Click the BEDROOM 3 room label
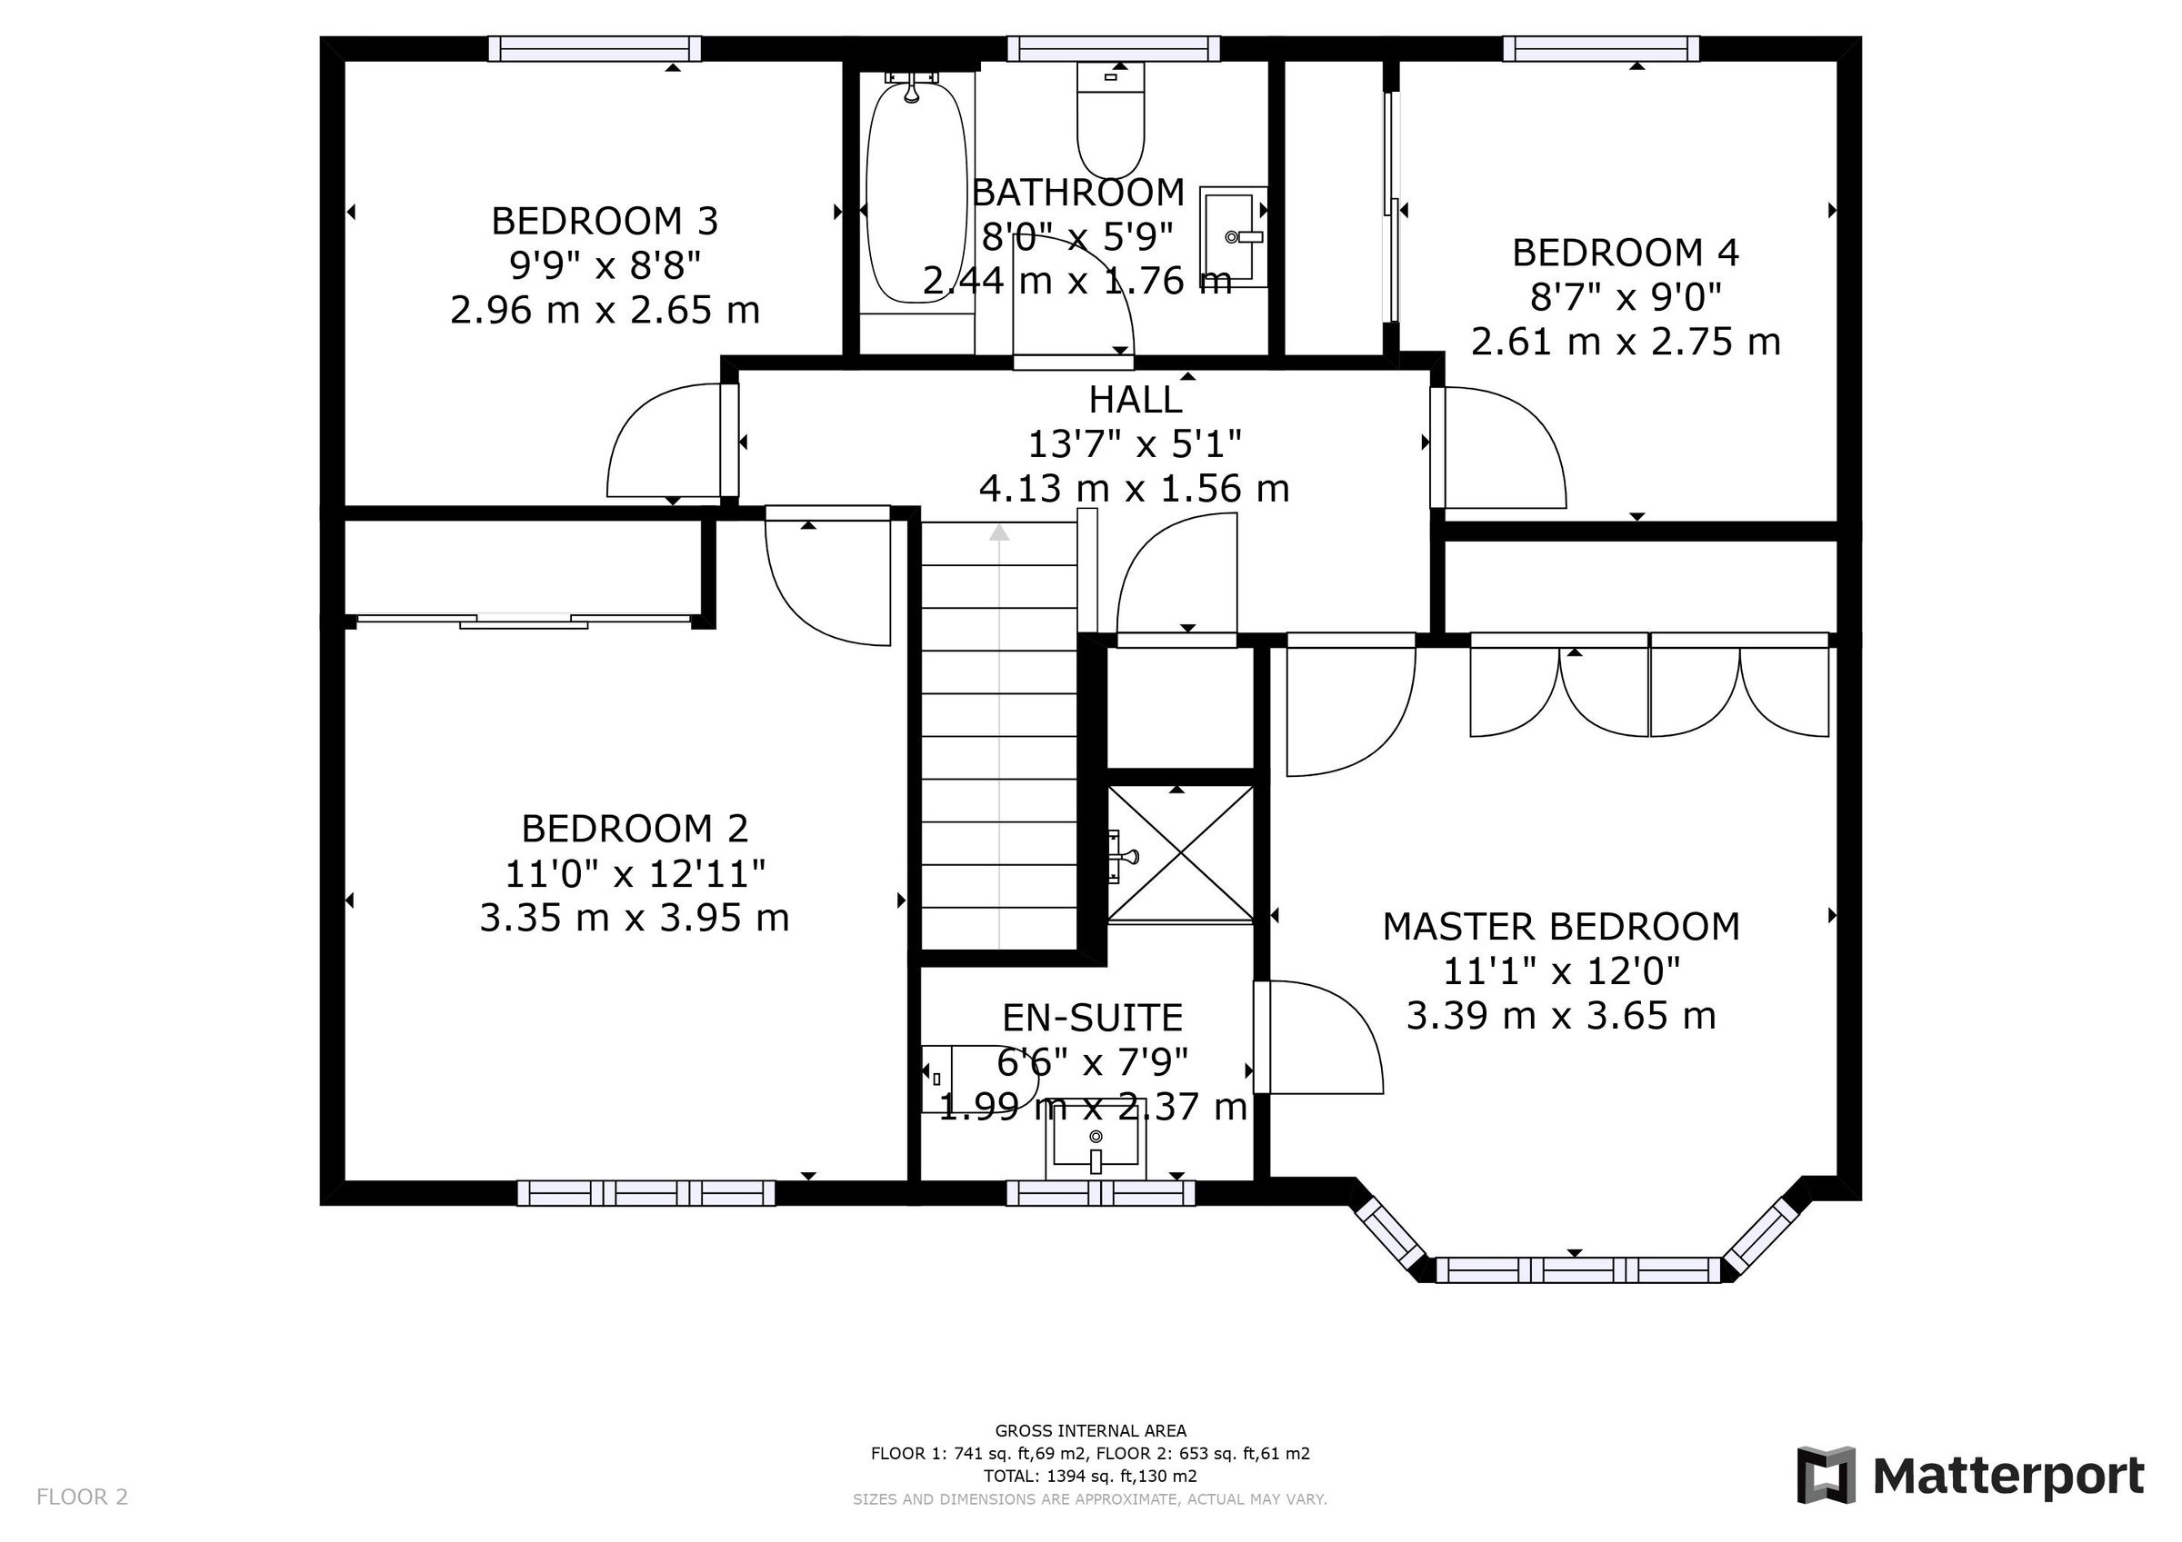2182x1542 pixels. (605, 222)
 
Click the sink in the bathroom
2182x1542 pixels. (1235, 236)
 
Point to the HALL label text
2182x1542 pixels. (1135, 400)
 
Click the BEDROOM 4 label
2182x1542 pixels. (1625, 253)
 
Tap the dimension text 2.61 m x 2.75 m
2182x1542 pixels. (1625, 342)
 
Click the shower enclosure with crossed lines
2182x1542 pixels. (1180, 854)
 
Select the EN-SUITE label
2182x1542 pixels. (1093, 1019)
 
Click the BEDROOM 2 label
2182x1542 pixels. (635, 830)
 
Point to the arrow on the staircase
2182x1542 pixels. (999, 533)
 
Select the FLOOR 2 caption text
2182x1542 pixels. (82, 1497)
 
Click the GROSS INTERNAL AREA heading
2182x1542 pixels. (1090, 1431)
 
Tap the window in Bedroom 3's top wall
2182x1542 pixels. (595, 48)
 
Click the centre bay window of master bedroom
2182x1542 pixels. (1577, 1269)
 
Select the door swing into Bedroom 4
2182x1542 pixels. (1502, 446)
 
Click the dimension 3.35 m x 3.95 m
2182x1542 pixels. (635, 919)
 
